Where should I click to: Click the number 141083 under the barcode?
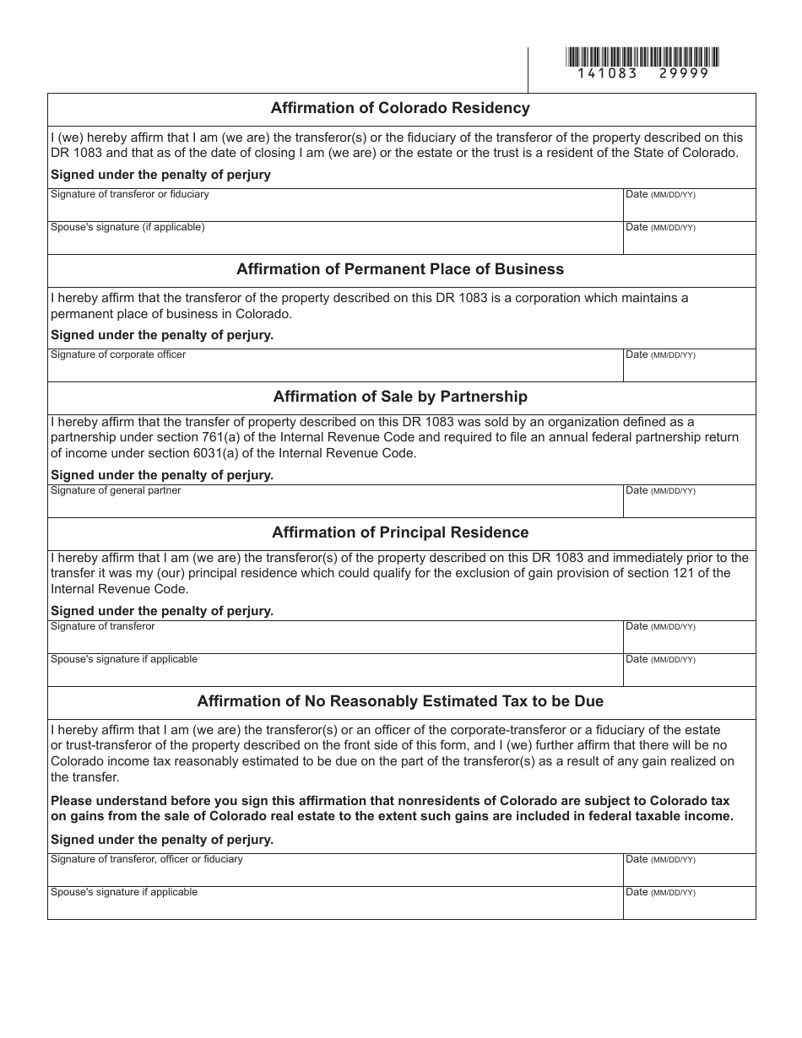tap(608, 73)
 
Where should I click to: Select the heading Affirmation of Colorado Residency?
tap(400, 108)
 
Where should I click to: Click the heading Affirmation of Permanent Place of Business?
tap(400, 269)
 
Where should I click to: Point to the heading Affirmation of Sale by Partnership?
tap(400, 397)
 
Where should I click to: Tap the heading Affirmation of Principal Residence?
tap(400, 533)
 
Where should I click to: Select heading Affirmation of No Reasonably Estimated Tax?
tap(400, 701)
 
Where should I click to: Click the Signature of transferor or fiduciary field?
tap(334, 205)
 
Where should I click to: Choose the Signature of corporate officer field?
tap(334, 365)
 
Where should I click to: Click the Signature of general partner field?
tap(334, 501)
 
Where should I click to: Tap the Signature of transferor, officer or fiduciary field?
tap(334, 870)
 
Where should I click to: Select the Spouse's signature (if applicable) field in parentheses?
tap(334, 238)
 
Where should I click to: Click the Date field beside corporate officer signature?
tap(689, 365)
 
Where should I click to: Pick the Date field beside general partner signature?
tap(689, 501)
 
